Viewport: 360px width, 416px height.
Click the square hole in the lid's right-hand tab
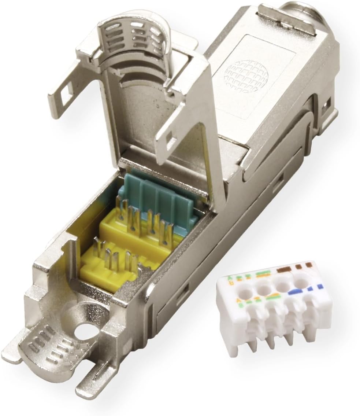tap(170, 139)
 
